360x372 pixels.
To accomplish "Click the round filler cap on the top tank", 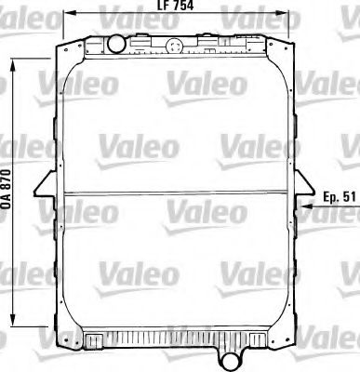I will pyautogui.click(x=115, y=43).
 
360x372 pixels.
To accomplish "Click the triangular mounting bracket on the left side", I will pyautogui.click(x=42, y=191).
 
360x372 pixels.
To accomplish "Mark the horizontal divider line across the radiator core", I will pyautogui.click(x=177, y=192).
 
